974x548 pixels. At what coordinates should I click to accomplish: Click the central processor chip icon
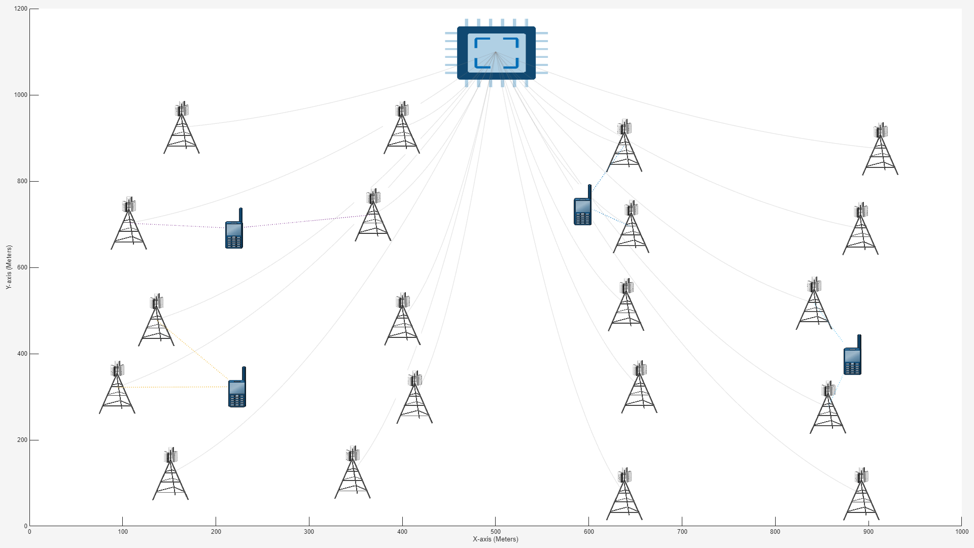click(496, 53)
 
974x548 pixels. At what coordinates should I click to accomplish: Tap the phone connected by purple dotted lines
click(234, 229)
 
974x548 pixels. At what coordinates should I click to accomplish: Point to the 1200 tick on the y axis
click(21, 9)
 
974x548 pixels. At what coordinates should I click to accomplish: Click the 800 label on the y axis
click(21, 181)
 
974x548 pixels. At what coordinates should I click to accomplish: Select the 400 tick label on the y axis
click(21, 354)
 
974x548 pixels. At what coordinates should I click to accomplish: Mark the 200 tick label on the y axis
click(21, 440)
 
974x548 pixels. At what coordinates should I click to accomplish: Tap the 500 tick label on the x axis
click(496, 532)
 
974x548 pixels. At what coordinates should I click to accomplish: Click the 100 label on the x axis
click(123, 532)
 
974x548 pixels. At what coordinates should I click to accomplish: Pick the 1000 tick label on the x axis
click(961, 532)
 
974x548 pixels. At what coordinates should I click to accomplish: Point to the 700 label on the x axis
click(682, 532)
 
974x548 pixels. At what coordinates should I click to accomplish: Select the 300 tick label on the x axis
click(309, 532)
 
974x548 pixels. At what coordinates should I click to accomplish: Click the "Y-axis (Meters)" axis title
click(9, 267)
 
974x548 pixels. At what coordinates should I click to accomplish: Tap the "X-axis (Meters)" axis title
click(496, 539)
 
